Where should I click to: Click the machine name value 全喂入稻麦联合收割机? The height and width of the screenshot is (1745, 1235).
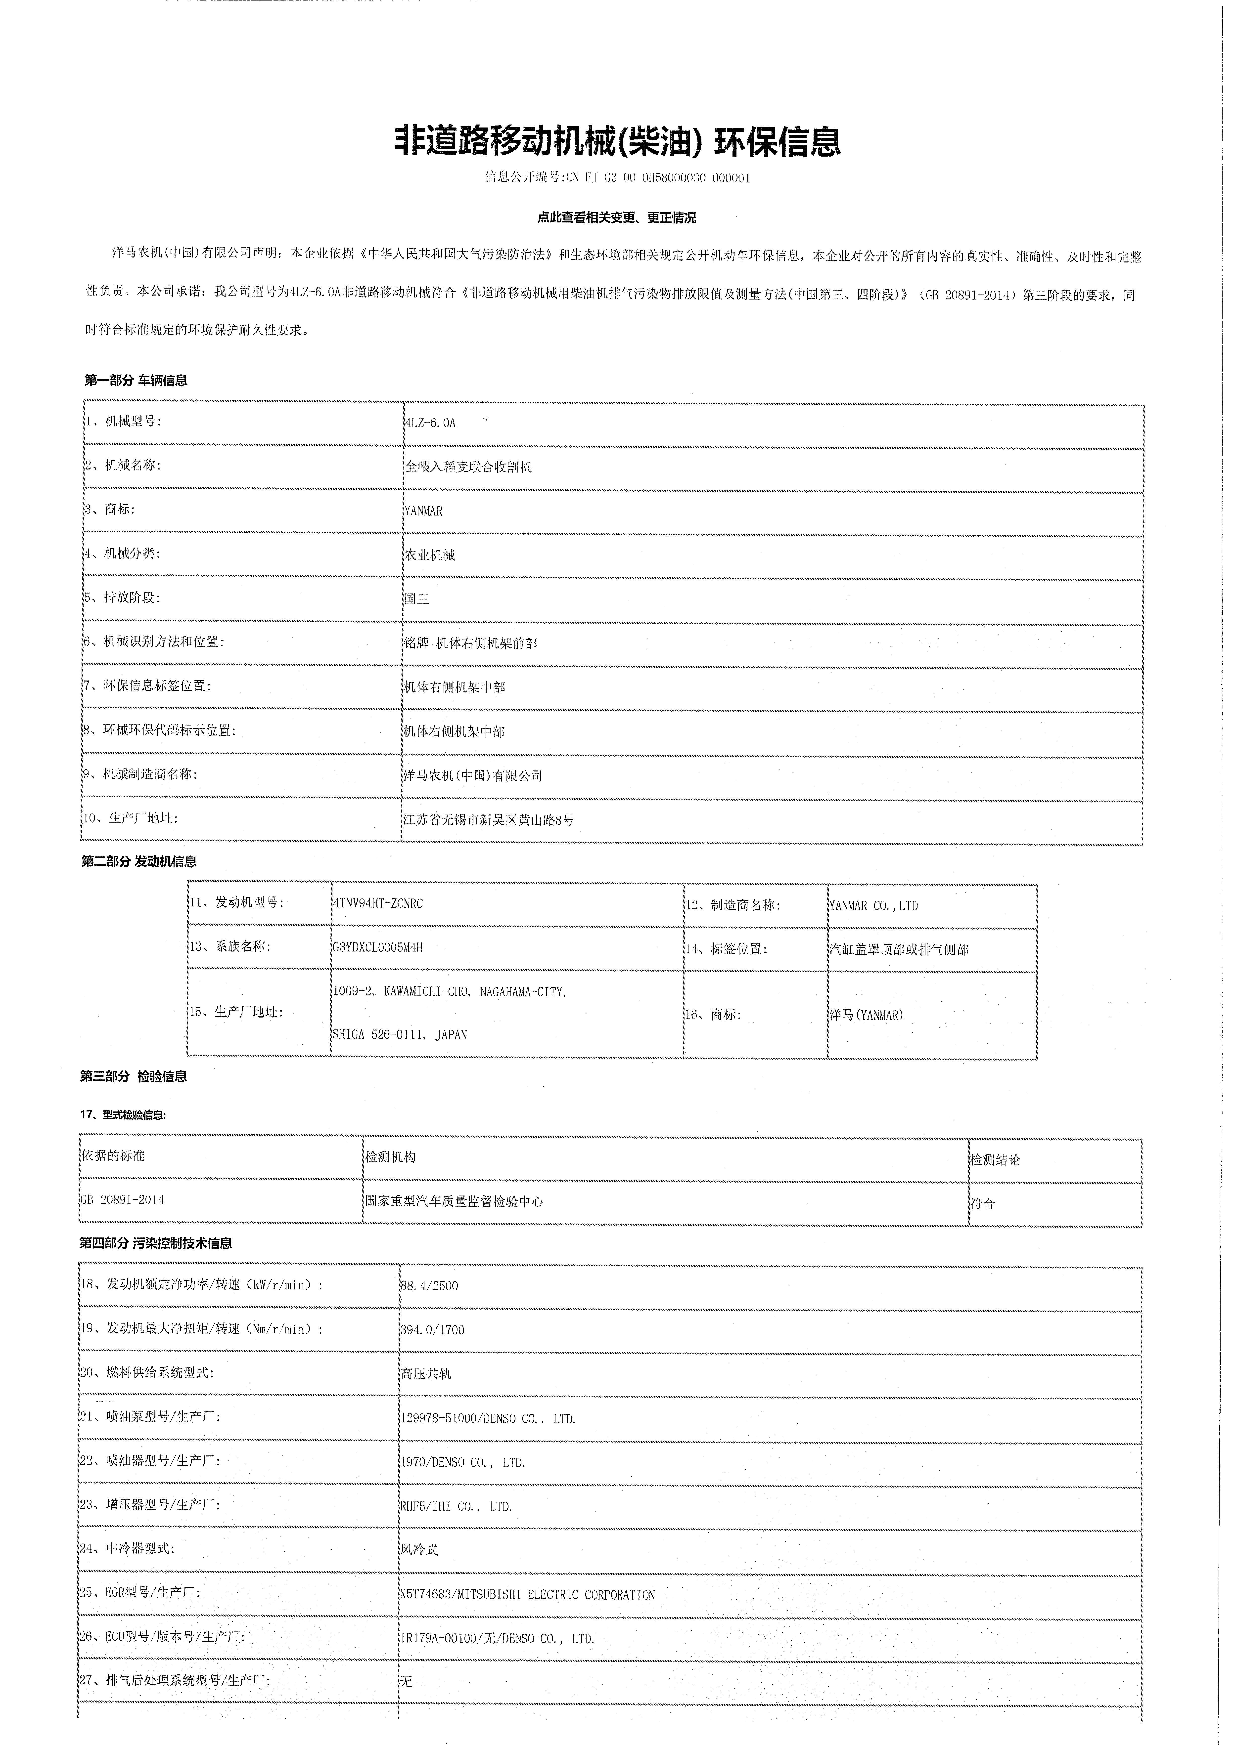tap(468, 467)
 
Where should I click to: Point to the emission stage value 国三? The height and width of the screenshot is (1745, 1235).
tap(417, 599)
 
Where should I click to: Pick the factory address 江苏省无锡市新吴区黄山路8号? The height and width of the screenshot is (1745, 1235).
tap(488, 820)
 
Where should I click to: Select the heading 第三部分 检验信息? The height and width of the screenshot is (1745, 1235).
tap(134, 1076)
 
